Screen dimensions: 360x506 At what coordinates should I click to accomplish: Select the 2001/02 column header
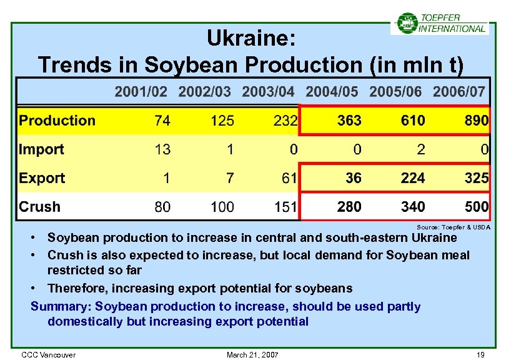pyautogui.click(x=141, y=92)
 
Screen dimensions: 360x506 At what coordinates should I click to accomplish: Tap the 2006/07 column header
pyautogui.click(x=459, y=92)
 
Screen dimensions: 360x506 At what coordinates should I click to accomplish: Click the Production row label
pyautogui.click(x=57, y=121)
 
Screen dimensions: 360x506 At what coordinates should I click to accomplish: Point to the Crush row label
pyautogui.click(x=40, y=207)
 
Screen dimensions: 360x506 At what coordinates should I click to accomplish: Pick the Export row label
pyautogui.click(x=42, y=178)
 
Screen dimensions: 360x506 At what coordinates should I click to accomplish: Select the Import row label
pyautogui.click(x=41, y=149)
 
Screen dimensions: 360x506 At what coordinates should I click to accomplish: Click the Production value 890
pyautogui.click(x=476, y=121)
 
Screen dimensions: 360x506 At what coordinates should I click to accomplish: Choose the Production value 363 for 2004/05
pyautogui.click(x=349, y=121)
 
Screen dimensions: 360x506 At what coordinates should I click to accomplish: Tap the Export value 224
pyautogui.click(x=413, y=178)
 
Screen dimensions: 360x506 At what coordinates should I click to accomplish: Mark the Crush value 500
pyautogui.click(x=476, y=207)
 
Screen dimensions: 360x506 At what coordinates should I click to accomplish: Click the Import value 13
pyautogui.click(x=162, y=149)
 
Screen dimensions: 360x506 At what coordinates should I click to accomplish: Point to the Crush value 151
pyautogui.click(x=285, y=207)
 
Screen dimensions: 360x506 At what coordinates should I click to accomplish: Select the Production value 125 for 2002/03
pyautogui.click(x=222, y=121)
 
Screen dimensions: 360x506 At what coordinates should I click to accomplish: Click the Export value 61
pyautogui.click(x=289, y=178)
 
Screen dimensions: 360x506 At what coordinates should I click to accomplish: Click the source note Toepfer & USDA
pyautogui.click(x=453, y=227)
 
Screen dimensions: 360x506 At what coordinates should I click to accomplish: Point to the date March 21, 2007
pyautogui.click(x=252, y=355)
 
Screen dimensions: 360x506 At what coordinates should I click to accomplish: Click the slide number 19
pyautogui.click(x=480, y=355)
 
